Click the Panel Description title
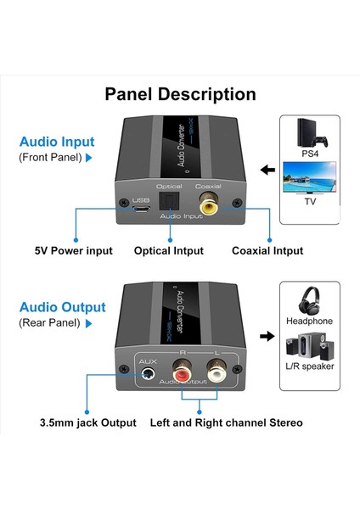(x=180, y=94)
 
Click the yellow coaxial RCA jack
(x=207, y=204)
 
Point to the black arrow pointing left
(x=267, y=171)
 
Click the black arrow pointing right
(x=265, y=336)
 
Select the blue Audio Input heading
(x=57, y=142)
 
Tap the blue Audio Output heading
(x=62, y=307)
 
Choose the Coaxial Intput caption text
(x=267, y=251)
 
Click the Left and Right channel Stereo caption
(x=226, y=422)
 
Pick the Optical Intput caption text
(x=169, y=251)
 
